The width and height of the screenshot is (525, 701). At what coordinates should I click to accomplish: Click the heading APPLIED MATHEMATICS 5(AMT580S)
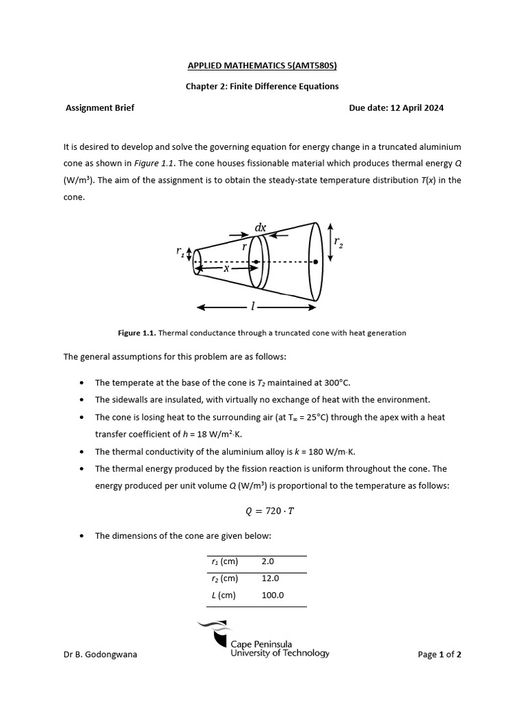click(x=262, y=66)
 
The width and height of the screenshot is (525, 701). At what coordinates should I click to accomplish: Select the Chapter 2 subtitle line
click(x=262, y=86)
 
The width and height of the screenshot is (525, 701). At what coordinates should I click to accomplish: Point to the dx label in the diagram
click(x=260, y=227)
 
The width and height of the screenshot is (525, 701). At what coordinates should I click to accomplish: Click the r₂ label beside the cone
click(x=338, y=242)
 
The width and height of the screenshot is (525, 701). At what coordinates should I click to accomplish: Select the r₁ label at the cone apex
click(x=181, y=253)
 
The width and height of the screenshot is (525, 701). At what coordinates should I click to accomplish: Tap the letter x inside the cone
click(x=226, y=268)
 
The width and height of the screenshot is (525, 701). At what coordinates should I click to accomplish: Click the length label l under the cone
click(x=253, y=307)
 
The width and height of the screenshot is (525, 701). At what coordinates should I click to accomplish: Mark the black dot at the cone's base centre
click(x=316, y=262)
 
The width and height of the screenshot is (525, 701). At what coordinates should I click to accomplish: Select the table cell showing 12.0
click(x=270, y=578)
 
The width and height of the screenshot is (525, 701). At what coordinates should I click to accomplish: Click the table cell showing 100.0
click(x=273, y=595)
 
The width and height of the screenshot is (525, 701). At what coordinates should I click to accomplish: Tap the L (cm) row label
click(x=223, y=595)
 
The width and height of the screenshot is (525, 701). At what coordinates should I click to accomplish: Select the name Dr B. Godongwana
click(x=100, y=654)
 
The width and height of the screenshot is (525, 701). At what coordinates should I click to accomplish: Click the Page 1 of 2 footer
click(x=440, y=654)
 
